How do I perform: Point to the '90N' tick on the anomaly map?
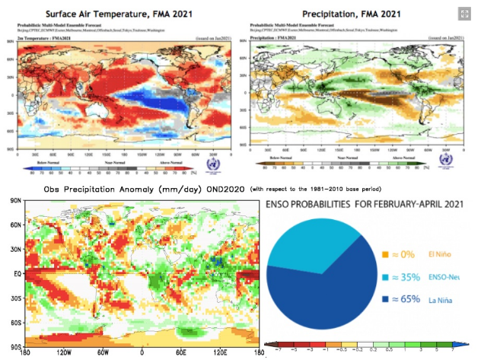click(x=14, y=201)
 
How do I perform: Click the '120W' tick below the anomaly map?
click(x=64, y=352)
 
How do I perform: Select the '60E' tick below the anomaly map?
click(x=181, y=352)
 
